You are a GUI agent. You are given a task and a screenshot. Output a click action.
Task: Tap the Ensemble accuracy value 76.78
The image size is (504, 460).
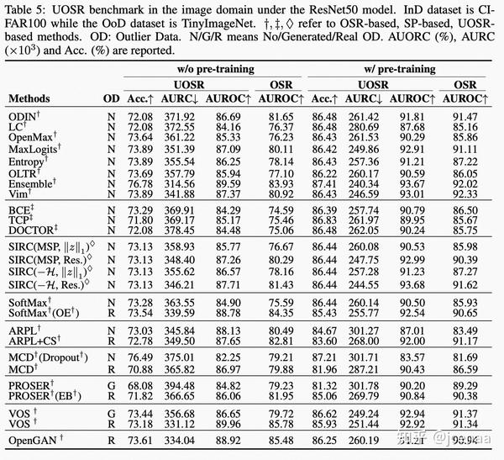(139, 182)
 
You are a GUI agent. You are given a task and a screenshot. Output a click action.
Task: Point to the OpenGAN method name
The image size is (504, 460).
(33, 440)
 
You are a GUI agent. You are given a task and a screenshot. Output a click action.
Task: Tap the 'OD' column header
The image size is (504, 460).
(110, 98)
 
